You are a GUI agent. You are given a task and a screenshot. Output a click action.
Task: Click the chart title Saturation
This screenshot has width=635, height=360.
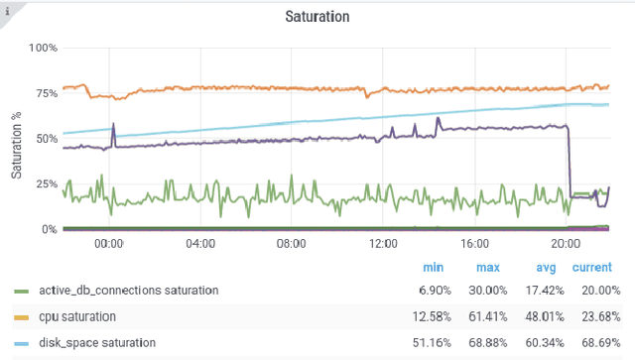pyautogui.click(x=317, y=17)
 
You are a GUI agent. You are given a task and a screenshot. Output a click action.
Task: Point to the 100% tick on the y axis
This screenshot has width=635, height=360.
pyautogui.click(x=43, y=48)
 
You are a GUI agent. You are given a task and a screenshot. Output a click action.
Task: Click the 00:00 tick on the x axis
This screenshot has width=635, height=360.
pyautogui.click(x=108, y=244)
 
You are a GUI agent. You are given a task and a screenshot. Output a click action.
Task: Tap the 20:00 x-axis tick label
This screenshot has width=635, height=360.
pyautogui.click(x=566, y=244)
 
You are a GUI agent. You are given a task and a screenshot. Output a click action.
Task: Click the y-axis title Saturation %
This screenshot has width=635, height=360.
pyautogui.click(x=17, y=139)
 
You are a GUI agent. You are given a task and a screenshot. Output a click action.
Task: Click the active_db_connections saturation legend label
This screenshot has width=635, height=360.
pyautogui.click(x=128, y=291)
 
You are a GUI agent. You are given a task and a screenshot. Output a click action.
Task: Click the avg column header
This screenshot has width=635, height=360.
pyautogui.click(x=543, y=268)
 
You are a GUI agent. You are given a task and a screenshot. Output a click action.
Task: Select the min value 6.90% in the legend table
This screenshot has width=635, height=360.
pyautogui.click(x=432, y=291)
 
